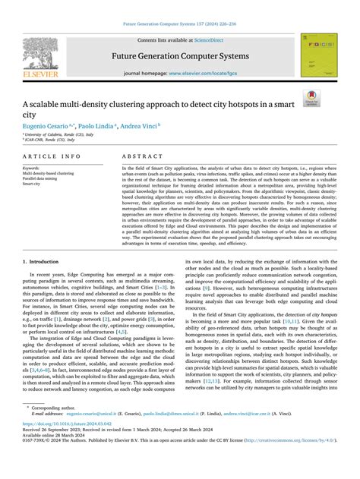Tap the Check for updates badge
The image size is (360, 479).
click(332, 96)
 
